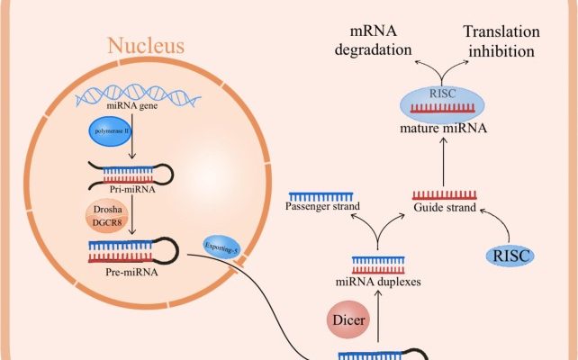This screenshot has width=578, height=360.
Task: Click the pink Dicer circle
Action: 347,319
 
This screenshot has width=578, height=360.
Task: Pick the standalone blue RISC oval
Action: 509,256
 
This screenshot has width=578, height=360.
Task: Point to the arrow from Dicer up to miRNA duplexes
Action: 378,315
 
